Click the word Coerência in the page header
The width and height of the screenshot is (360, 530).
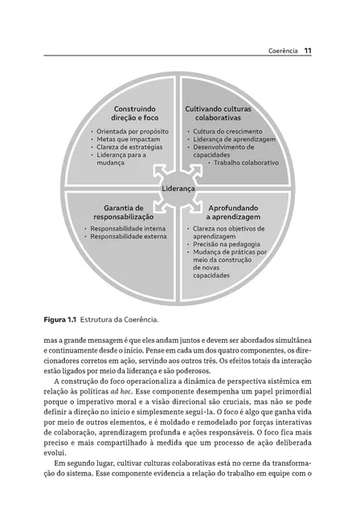(283, 53)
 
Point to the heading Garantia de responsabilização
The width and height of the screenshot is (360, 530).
(123, 212)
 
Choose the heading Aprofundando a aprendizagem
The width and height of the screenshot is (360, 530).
(232, 212)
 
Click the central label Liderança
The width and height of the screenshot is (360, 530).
(178, 189)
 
